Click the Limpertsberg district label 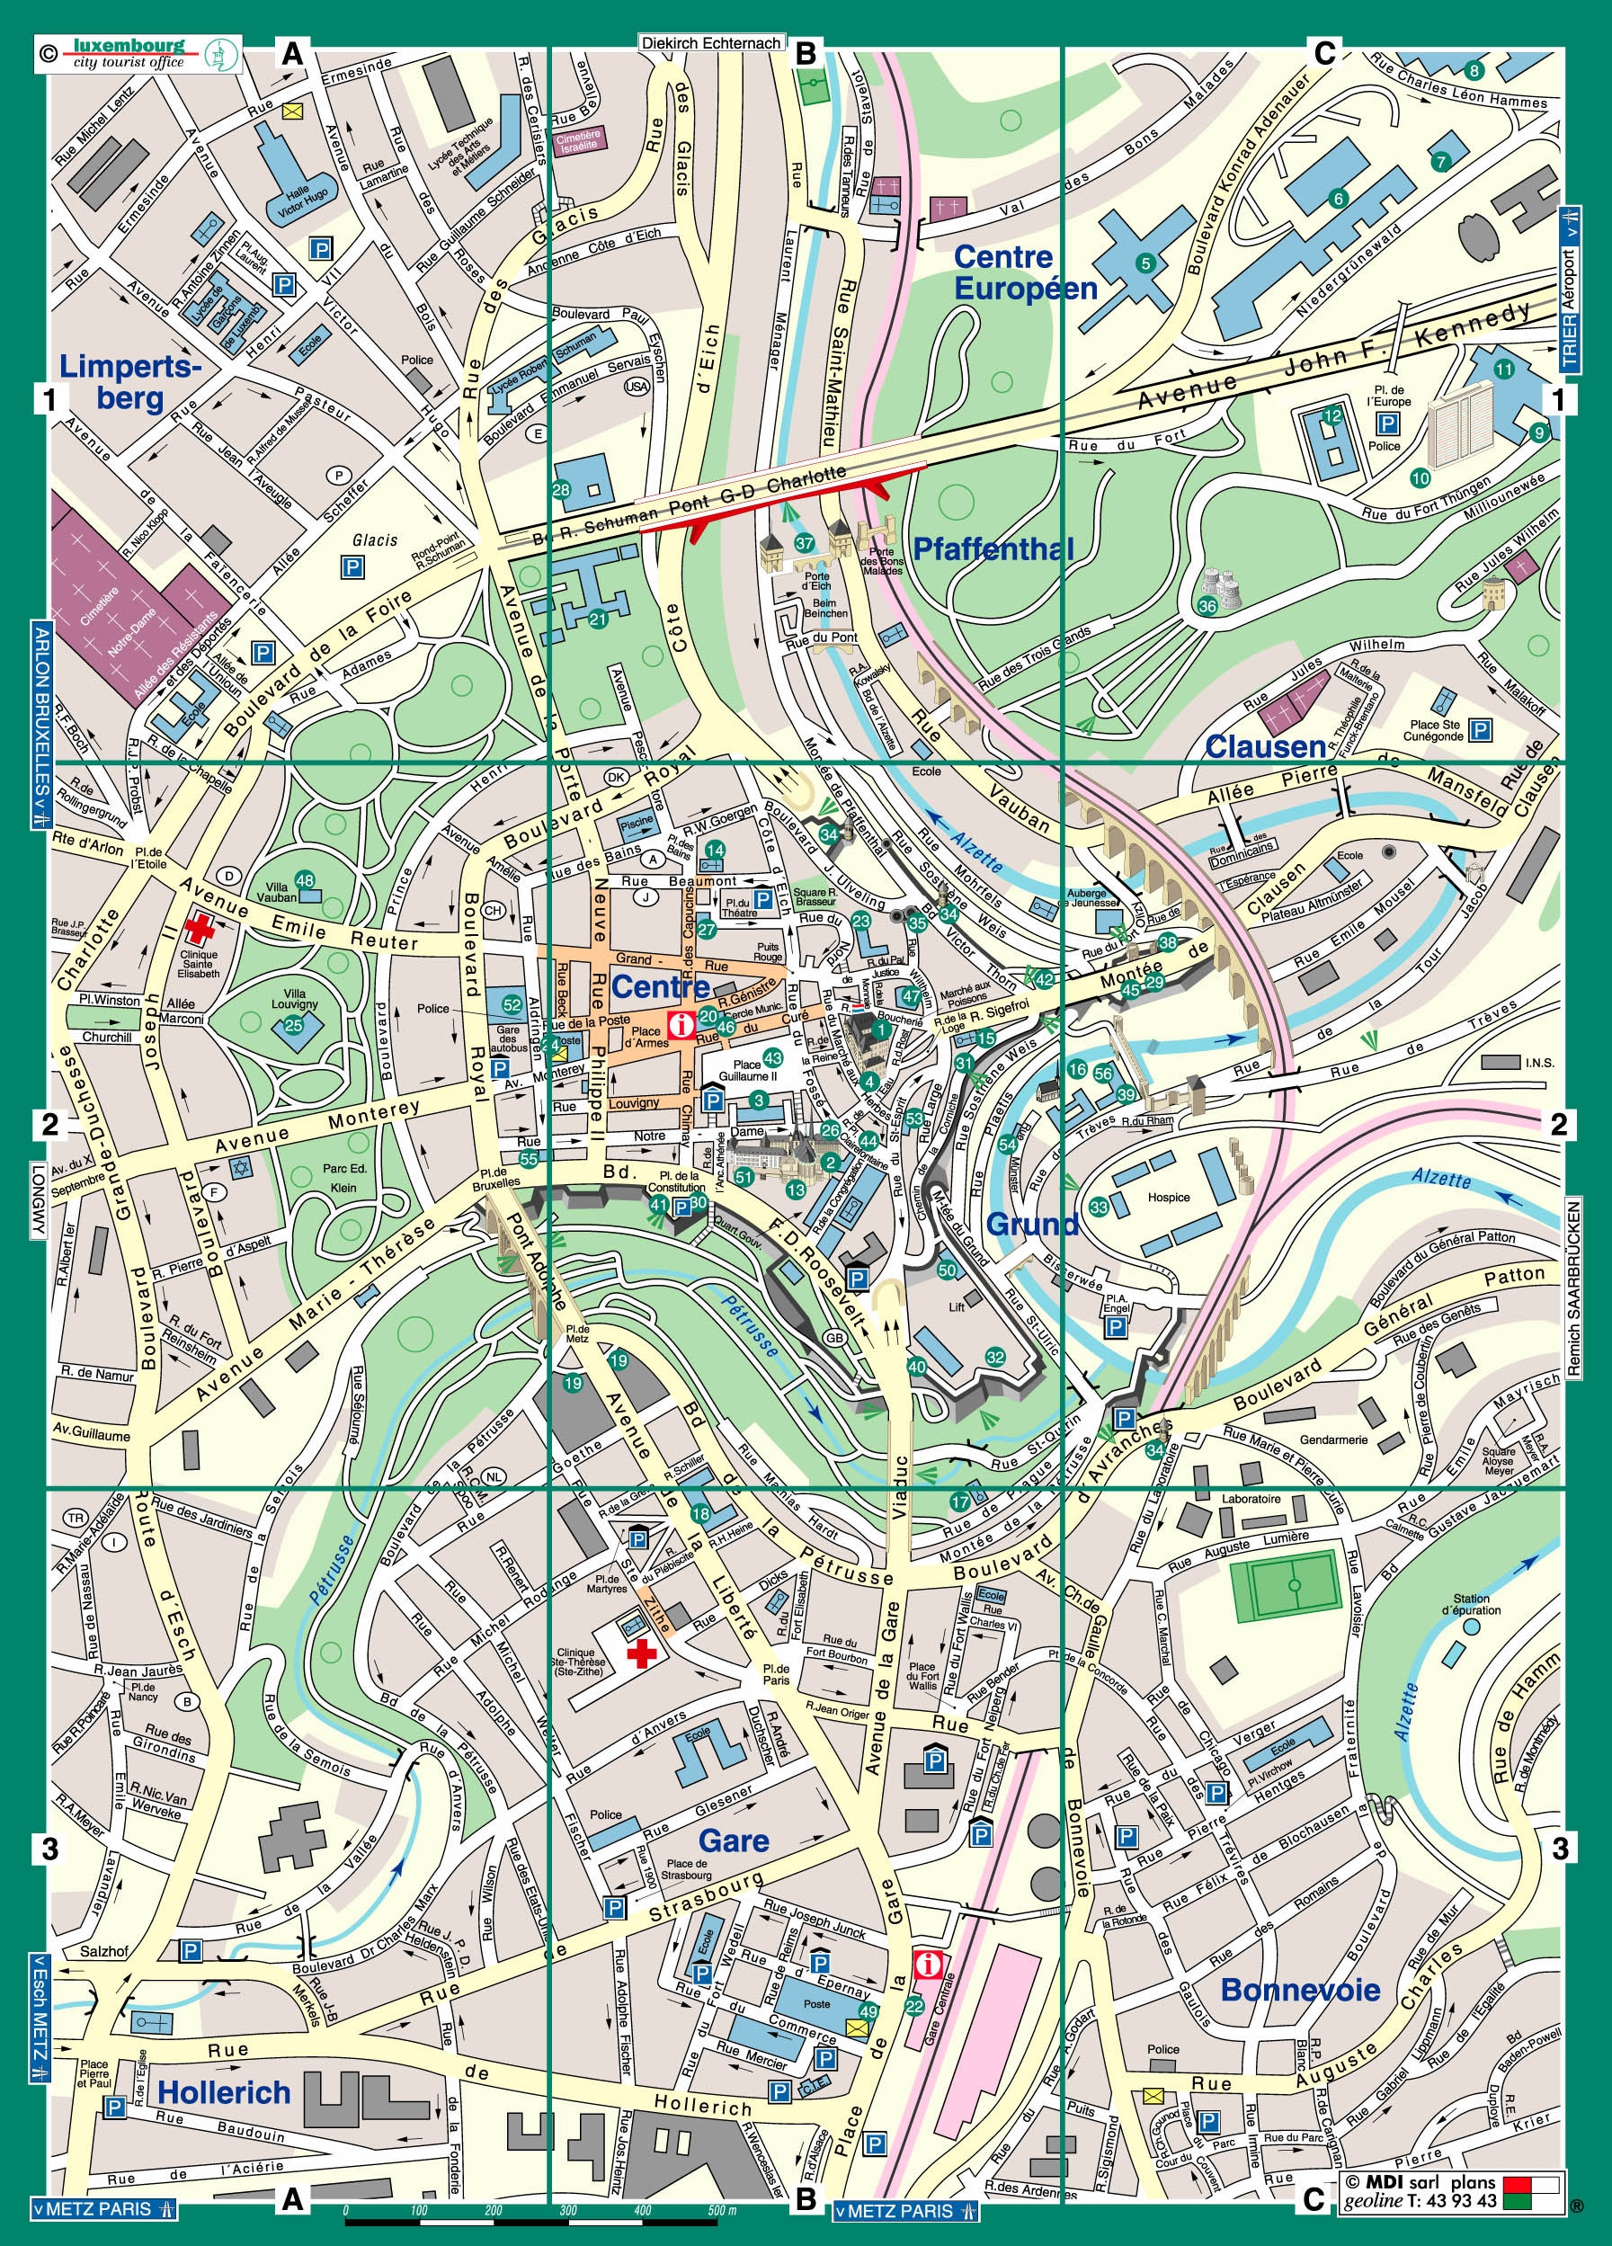click(x=129, y=382)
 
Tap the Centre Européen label click(x=1025, y=272)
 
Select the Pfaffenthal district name click(x=993, y=548)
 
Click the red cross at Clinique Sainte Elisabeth click(x=200, y=928)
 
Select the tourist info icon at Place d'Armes click(x=681, y=1025)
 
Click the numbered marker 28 click(x=561, y=489)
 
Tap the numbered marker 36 click(x=1207, y=606)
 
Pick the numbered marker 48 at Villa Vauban click(x=305, y=880)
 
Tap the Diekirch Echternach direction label click(x=712, y=43)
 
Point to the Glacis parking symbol click(x=352, y=567)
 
